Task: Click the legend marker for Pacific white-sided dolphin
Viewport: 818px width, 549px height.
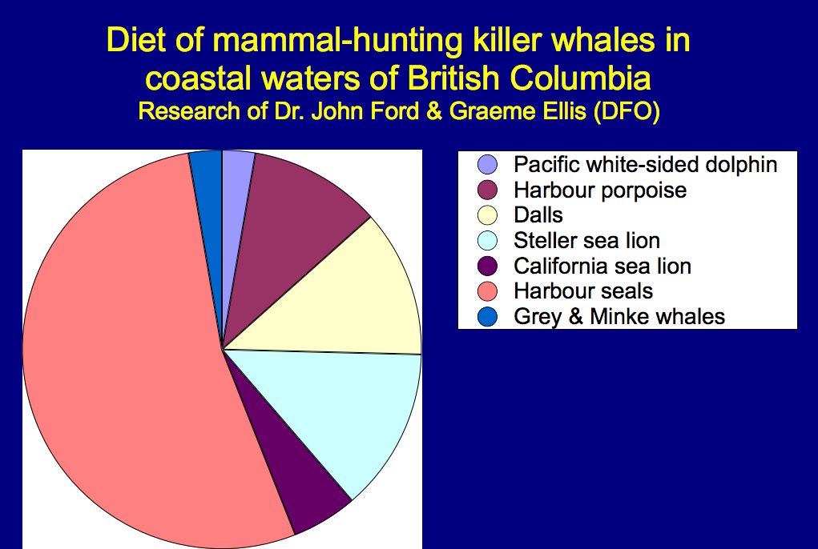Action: [487, 166]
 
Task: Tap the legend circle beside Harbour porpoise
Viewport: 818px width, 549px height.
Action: [487, 190]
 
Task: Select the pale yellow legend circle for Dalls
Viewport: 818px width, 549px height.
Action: [487, 215]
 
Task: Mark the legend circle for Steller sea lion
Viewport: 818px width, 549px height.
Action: [487, 240]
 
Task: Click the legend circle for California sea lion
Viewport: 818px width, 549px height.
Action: [487, 266]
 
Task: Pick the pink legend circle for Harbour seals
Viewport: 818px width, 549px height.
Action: [487, 291]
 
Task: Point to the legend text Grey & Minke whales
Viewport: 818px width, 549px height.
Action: [619, 316]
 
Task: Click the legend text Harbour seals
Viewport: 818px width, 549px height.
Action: [583, 291]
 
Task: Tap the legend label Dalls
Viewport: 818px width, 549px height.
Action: [538, 215]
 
